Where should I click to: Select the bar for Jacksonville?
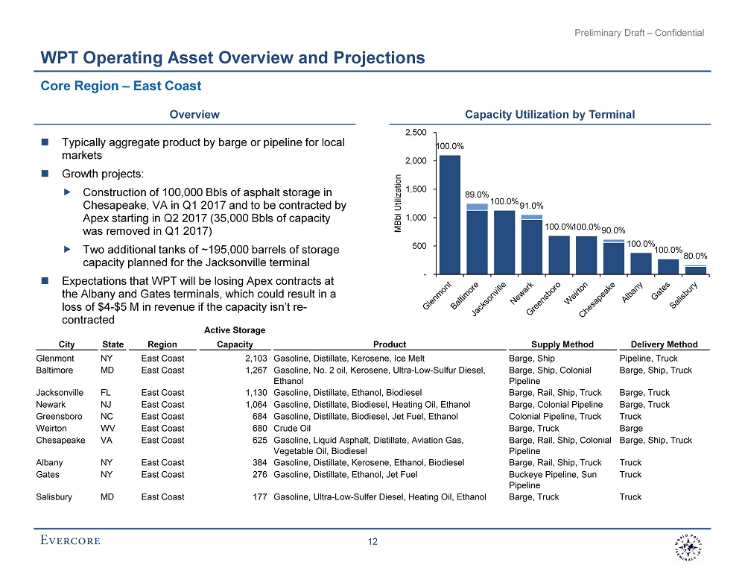pyautogui.click(x=504, y=242)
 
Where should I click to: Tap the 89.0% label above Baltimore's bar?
pyautogui.click(x=477, y=195)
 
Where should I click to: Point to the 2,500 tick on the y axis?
pyautogui.click(x=415, y=133)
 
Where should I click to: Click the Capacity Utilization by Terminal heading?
pyautogui.click(x=550, y=115)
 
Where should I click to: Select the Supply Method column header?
pyautogui.click(x=562, y=344)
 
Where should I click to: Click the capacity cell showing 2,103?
pyautogui.click(x=253, y=359)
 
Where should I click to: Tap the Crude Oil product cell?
pyautogui.click(x=295, y=429)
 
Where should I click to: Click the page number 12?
pyautogui.click(x=372, y=542)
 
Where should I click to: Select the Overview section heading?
pyautogui.click(x=194, y=115)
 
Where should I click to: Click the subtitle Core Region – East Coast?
pyautogui.click(x=121, y=86)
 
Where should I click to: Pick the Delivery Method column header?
pyautogui.click(x=664, y=344)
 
